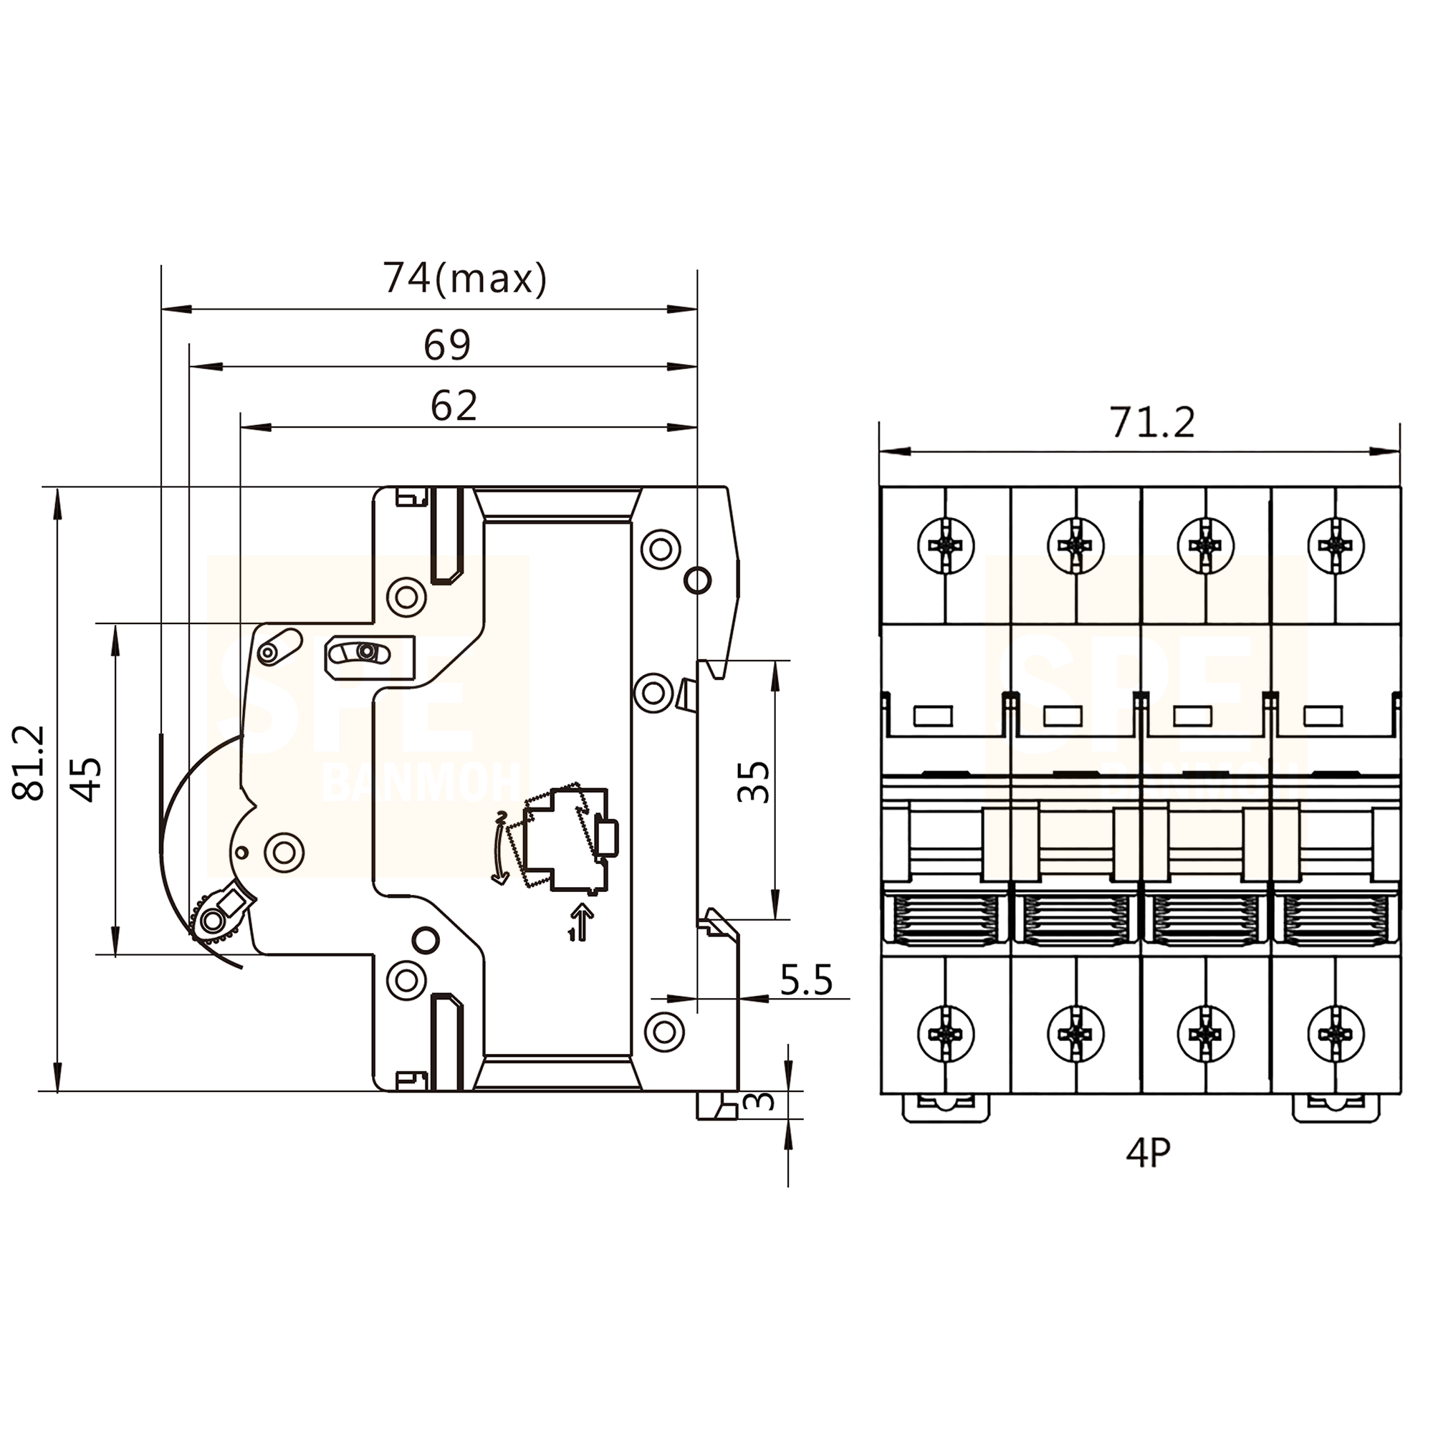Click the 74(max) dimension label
[x=465, y=279]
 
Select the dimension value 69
[x=447, y=345]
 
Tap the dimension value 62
[x=454, y=406]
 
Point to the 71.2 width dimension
[x=1152, y=423]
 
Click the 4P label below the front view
[x=1148, y=1154]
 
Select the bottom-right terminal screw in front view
[x=1336, y=1033]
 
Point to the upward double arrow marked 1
[x=583, y=922]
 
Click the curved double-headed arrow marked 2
[x=502, y=848]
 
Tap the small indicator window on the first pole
[x=932, y=716]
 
